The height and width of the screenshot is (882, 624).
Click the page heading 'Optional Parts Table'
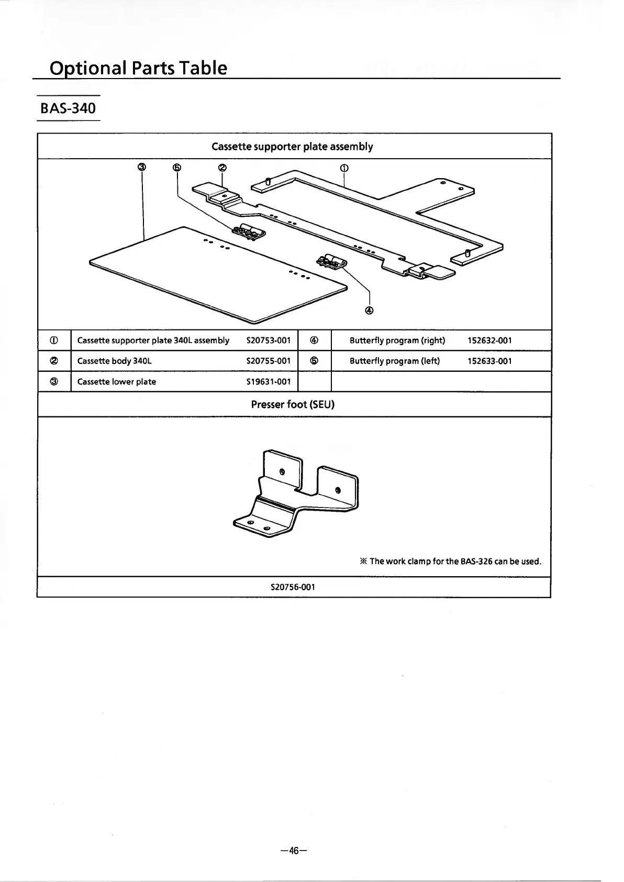[x=138, y=68]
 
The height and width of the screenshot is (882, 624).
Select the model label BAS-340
[x=69, y=108]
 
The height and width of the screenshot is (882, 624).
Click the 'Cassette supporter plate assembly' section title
[x=292, y=147]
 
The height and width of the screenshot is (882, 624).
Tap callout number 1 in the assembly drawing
[x=344, y=168]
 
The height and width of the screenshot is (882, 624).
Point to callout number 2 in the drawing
[x=222, y=168]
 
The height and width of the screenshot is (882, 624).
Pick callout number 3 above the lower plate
[x=141, y=168]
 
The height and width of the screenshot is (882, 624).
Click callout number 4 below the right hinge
[x=370, y=310]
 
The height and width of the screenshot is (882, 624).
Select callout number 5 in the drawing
[x=177, y=168]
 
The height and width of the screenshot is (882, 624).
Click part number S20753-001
[x=268, y=340]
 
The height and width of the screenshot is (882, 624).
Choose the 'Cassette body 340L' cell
[x=115, y=361]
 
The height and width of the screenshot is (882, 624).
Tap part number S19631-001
[x=268, y=382]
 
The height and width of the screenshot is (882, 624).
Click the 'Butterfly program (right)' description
[x=397, y=340]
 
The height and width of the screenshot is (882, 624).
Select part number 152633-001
[x=489, y=361]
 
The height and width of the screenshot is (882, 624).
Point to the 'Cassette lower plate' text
[x=117, y=382]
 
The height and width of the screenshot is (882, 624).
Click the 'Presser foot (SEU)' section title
[x=293, y=404]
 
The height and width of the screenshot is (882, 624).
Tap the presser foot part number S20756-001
[x=293, y=587]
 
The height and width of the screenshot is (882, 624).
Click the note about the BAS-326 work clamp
[x=450, y=561]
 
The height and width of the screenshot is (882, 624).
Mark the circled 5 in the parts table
[x=314, y=361]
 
